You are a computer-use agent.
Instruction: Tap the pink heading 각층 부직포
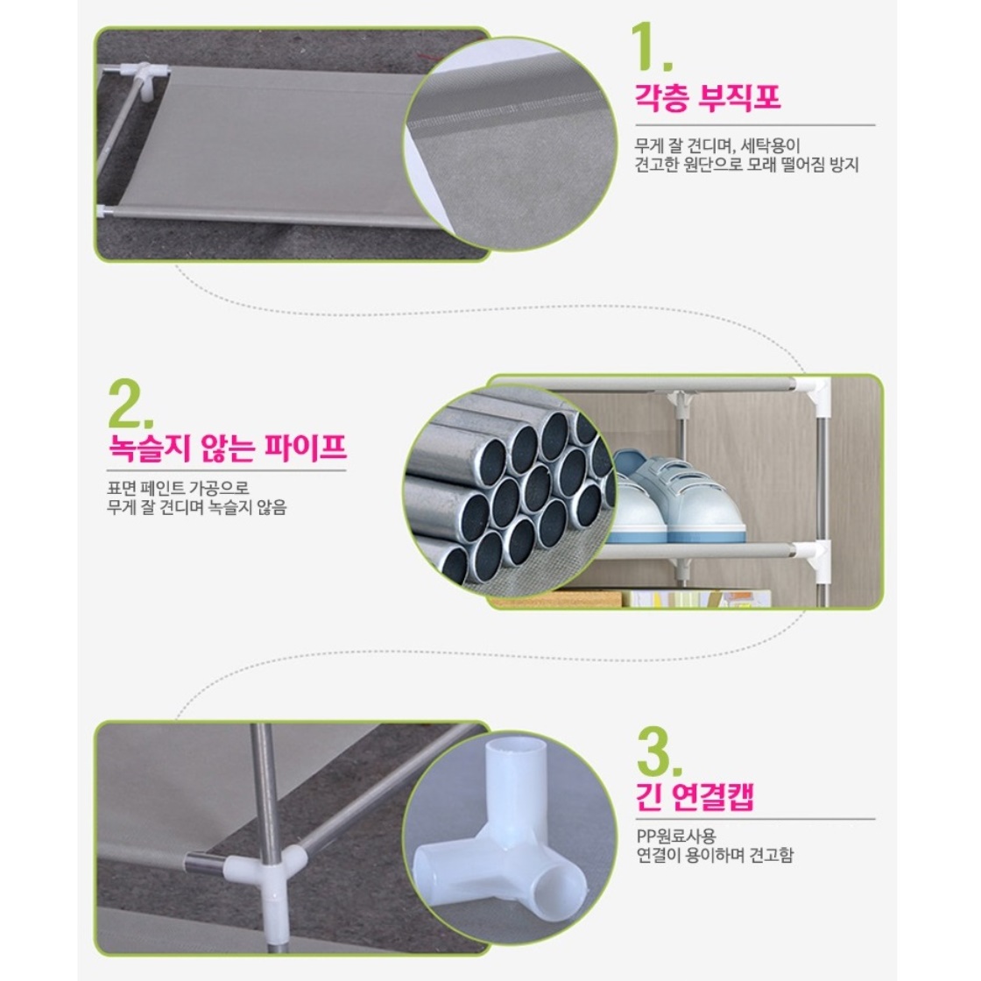(709, 97)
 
